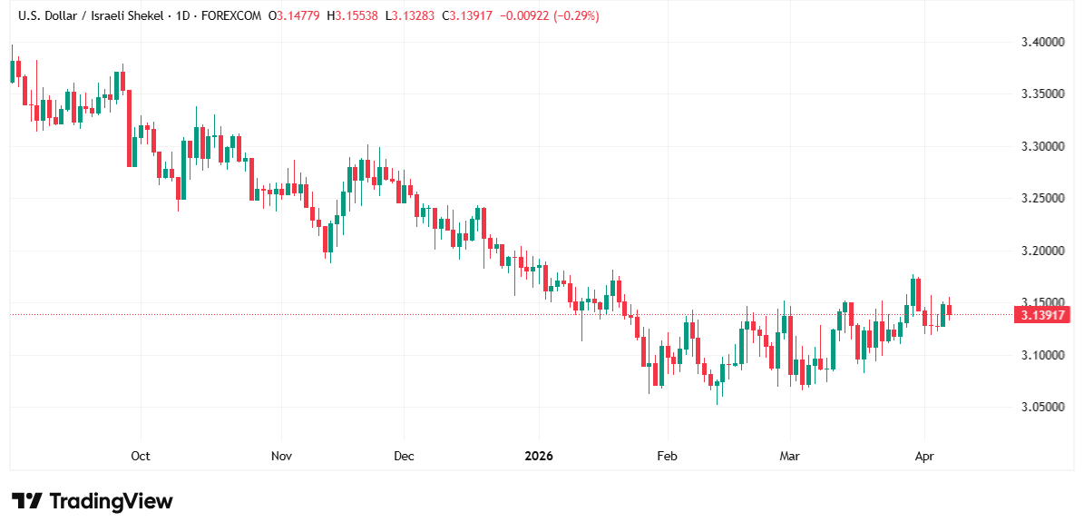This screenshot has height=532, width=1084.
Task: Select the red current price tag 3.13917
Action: pyautogui.click(x=1043, y=315)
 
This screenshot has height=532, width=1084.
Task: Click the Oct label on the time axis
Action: pyautogui.click(x=141, y=456)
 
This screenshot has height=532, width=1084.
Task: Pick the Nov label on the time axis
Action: pyautogui.click(x=281, y=456)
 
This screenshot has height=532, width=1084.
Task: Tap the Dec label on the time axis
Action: pyautogui.click(x=404, y=456)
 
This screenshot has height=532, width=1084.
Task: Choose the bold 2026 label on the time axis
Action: pyautogui.click(x=539, y=456)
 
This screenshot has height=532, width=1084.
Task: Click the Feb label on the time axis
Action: pyautogui.click(x=667, y=456)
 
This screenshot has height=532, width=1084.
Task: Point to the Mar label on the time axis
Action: pyautogui.click(x=790, y=456)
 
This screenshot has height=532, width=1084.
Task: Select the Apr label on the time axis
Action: pyautogui.click(x=924, y=456)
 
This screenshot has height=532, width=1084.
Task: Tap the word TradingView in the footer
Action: pyautogui.click(x=111, y=501)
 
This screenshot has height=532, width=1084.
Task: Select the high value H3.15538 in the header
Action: pyautogui.click(x=356, y=16)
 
